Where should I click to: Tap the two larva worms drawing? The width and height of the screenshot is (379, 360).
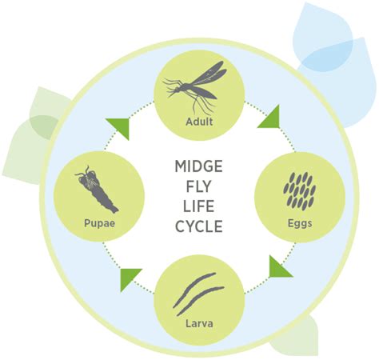197,292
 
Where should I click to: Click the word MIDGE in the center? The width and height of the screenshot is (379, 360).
197,167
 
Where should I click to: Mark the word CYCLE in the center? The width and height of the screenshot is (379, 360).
197,226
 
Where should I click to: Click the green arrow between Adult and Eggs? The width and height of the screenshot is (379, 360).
269,118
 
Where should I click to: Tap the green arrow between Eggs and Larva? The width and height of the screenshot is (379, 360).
279,266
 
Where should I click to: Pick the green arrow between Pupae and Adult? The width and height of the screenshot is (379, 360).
118,126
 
